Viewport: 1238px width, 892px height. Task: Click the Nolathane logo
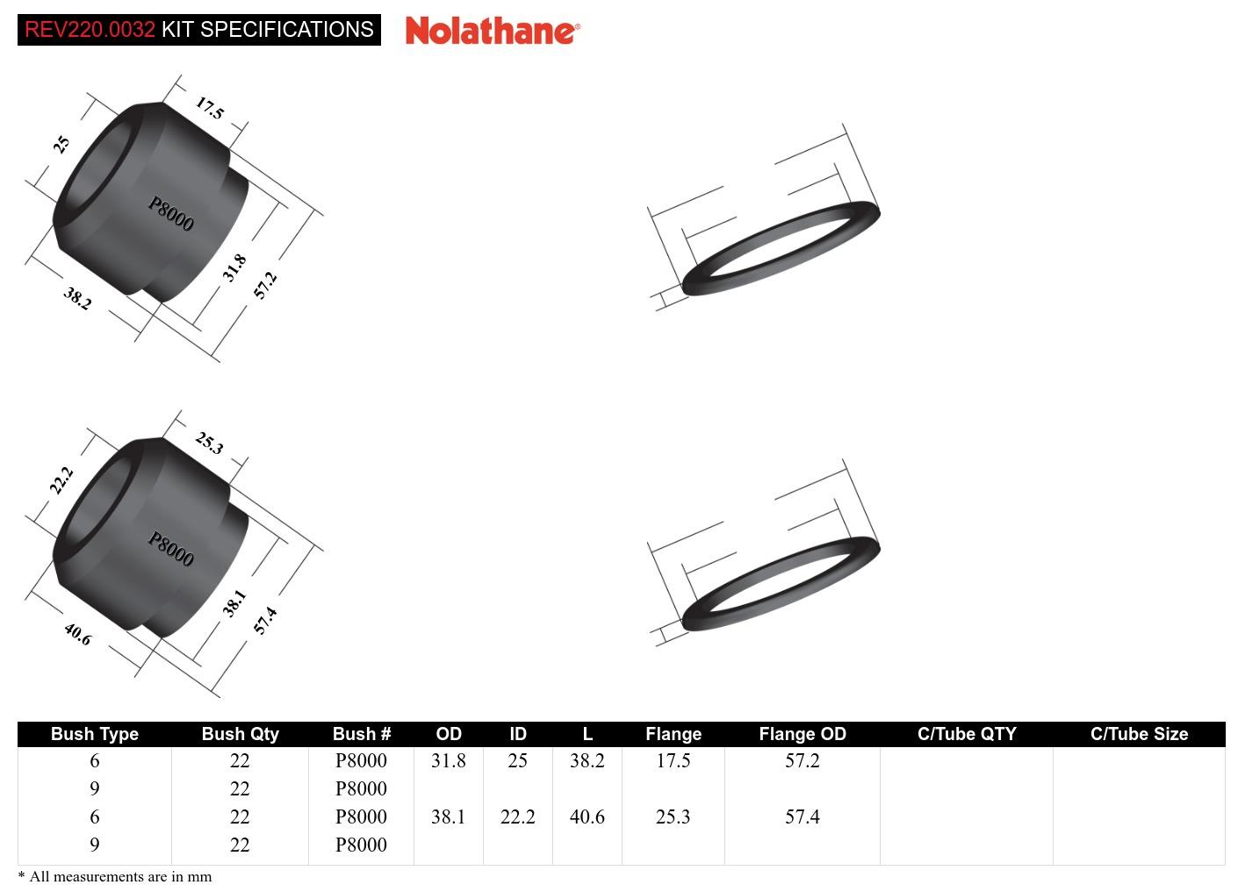coord(492,31)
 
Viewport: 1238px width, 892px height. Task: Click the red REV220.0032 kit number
coord(90,30)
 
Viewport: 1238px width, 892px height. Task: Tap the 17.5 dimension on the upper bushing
coord(210,109)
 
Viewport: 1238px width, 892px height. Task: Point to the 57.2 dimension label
coord(265,284)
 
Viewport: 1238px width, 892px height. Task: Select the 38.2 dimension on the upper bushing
coord(77,299)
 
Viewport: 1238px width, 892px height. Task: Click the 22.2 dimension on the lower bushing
coord(61,480)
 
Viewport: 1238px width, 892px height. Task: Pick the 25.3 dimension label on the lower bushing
coord(209,442)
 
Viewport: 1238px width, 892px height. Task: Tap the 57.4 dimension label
coord(265,620)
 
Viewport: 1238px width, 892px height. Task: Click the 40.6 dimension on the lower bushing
coord(77,634)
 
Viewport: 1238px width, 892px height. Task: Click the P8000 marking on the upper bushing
coord(170,213)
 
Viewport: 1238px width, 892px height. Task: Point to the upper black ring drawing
coord(781,248)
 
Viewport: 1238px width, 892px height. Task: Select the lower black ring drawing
coord(781,584)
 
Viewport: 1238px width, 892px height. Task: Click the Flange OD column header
coord(802,734)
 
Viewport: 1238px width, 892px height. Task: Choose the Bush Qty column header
coord(240,734)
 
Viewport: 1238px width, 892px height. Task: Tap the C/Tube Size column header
coord(1139,734)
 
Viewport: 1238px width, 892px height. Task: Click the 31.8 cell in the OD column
coord(448,760)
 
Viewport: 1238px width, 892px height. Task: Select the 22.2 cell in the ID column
coord(517,816)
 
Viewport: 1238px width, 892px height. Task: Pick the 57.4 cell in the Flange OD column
coord(802,816)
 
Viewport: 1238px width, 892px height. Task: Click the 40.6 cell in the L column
coord(587,816)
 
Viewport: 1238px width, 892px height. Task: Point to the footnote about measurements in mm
coord(115,876)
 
